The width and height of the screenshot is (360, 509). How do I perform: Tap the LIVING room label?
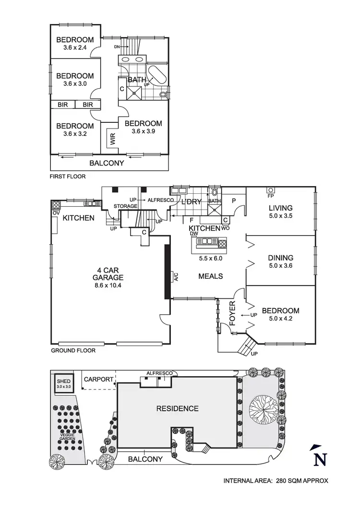click(x=281, y=208)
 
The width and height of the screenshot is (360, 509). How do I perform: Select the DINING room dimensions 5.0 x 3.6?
click(x=281, y=265)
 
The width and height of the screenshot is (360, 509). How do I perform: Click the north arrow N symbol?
click(x=316, y=456)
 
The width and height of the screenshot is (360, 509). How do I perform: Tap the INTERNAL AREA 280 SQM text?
click(x=276, y=480)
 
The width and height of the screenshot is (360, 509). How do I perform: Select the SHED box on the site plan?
click(x=63, y=383)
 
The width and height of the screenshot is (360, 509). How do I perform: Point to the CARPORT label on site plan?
click(x=98, y=379)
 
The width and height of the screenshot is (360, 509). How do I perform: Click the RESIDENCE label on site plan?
click(x=177, y=409)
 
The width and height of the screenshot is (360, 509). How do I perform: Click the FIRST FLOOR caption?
click(x=68, y=177)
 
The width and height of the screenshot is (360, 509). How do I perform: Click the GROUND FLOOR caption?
click(x=73, y=350)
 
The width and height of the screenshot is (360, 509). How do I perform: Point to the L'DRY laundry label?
click(x=190, y=202)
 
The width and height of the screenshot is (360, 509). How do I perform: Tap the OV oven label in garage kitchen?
click(x=55, y=213)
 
